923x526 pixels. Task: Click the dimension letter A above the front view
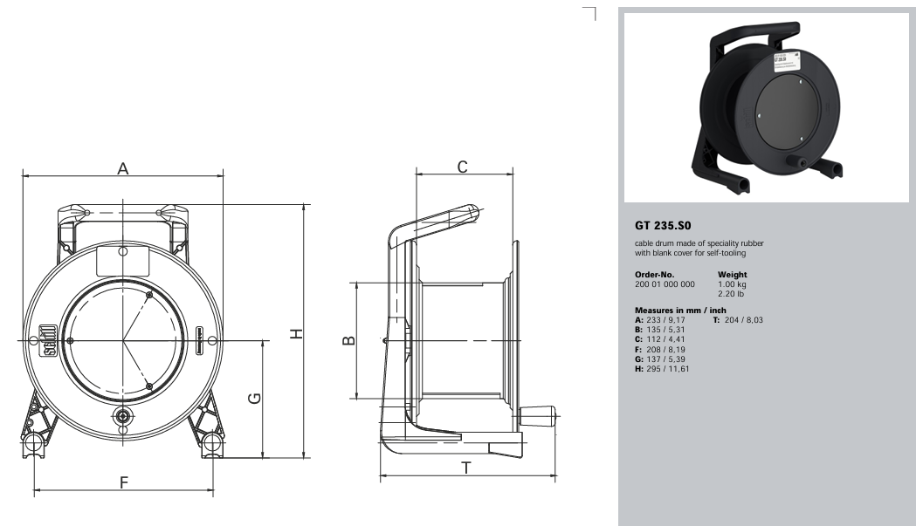coord(122,168)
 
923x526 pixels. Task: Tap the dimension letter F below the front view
coord(124,482)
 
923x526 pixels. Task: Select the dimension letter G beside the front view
coord(254,399)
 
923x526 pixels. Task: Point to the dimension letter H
coord(297,334)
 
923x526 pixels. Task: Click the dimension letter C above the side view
coord(463,167)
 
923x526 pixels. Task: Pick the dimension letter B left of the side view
coord(349,339)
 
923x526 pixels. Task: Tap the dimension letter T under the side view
coord(466,468)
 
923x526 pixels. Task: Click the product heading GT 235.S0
coord(663,226)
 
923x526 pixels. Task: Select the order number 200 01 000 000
coord(665,284)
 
